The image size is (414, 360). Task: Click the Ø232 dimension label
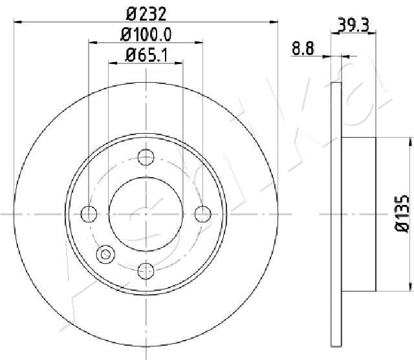[146, 12]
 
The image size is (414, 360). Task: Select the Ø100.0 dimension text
[146, 34]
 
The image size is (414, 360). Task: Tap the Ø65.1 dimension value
[146, 56]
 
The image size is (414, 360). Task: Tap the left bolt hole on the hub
[89, 213]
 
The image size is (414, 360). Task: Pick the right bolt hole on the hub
[203, 213]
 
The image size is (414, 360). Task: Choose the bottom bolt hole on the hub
[146, 270]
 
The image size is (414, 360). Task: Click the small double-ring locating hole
[103, 255]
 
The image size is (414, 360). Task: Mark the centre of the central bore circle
[146, 213]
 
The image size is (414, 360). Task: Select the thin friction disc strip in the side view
[335, 213]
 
